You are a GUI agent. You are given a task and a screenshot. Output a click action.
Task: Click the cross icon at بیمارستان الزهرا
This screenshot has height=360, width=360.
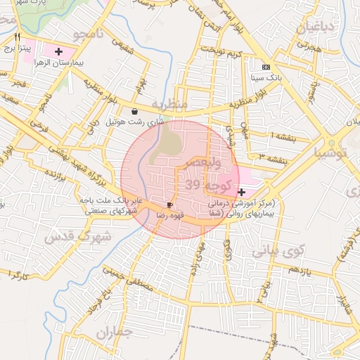coord(58,51)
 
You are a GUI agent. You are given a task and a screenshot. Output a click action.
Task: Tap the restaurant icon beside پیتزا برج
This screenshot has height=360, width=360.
coord(18,37)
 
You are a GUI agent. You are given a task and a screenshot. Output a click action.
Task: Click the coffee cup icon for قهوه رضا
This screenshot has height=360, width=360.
coord(170,205)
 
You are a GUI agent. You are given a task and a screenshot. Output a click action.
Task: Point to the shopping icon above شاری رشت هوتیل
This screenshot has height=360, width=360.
coord(134,111)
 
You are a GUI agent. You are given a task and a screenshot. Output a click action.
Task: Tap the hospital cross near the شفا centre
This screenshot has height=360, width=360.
coord(242,191)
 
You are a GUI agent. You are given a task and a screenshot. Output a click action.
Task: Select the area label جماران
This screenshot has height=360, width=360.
coord(115,333)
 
